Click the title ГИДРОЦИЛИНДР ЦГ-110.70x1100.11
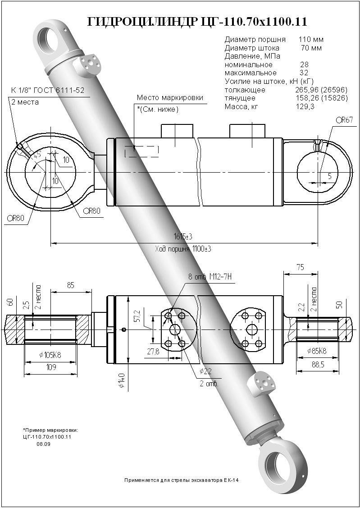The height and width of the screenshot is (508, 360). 197,21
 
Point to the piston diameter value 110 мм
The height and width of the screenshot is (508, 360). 311,40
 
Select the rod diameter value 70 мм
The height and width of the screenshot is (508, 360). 311,48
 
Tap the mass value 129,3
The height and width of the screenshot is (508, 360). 305,106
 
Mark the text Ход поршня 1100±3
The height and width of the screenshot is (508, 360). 183,249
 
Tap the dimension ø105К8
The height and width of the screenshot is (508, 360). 50,355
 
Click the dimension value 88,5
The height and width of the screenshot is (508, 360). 317,365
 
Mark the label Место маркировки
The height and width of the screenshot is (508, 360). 170,98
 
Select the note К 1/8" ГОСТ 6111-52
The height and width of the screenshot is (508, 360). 48,91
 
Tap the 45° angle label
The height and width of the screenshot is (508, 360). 37,154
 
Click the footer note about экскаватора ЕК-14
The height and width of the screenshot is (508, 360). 181,480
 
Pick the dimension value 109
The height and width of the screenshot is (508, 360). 51,367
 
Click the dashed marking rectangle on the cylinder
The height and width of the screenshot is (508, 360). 142,151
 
